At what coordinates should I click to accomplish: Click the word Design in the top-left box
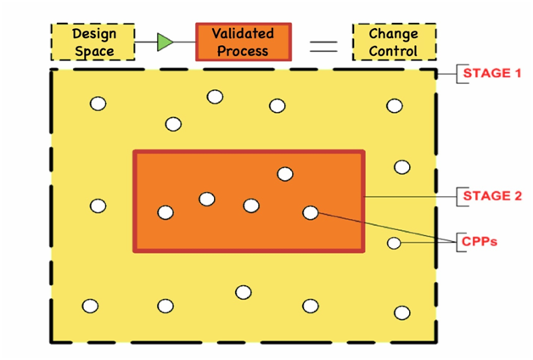coord(93,33)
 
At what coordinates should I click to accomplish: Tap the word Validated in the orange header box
coord(243,33)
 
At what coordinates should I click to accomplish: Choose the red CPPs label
coord(480,242)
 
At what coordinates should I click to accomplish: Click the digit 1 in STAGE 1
coord(517,74)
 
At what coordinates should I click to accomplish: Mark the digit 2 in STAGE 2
coord(517,197)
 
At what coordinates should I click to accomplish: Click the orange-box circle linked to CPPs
coord(311,212)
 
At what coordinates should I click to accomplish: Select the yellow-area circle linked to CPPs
coord(394,244)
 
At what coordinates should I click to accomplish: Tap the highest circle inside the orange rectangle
coord(285,174)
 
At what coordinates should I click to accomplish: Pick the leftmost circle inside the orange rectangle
coord(166,212)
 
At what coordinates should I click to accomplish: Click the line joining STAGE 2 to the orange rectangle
coord(407,197)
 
